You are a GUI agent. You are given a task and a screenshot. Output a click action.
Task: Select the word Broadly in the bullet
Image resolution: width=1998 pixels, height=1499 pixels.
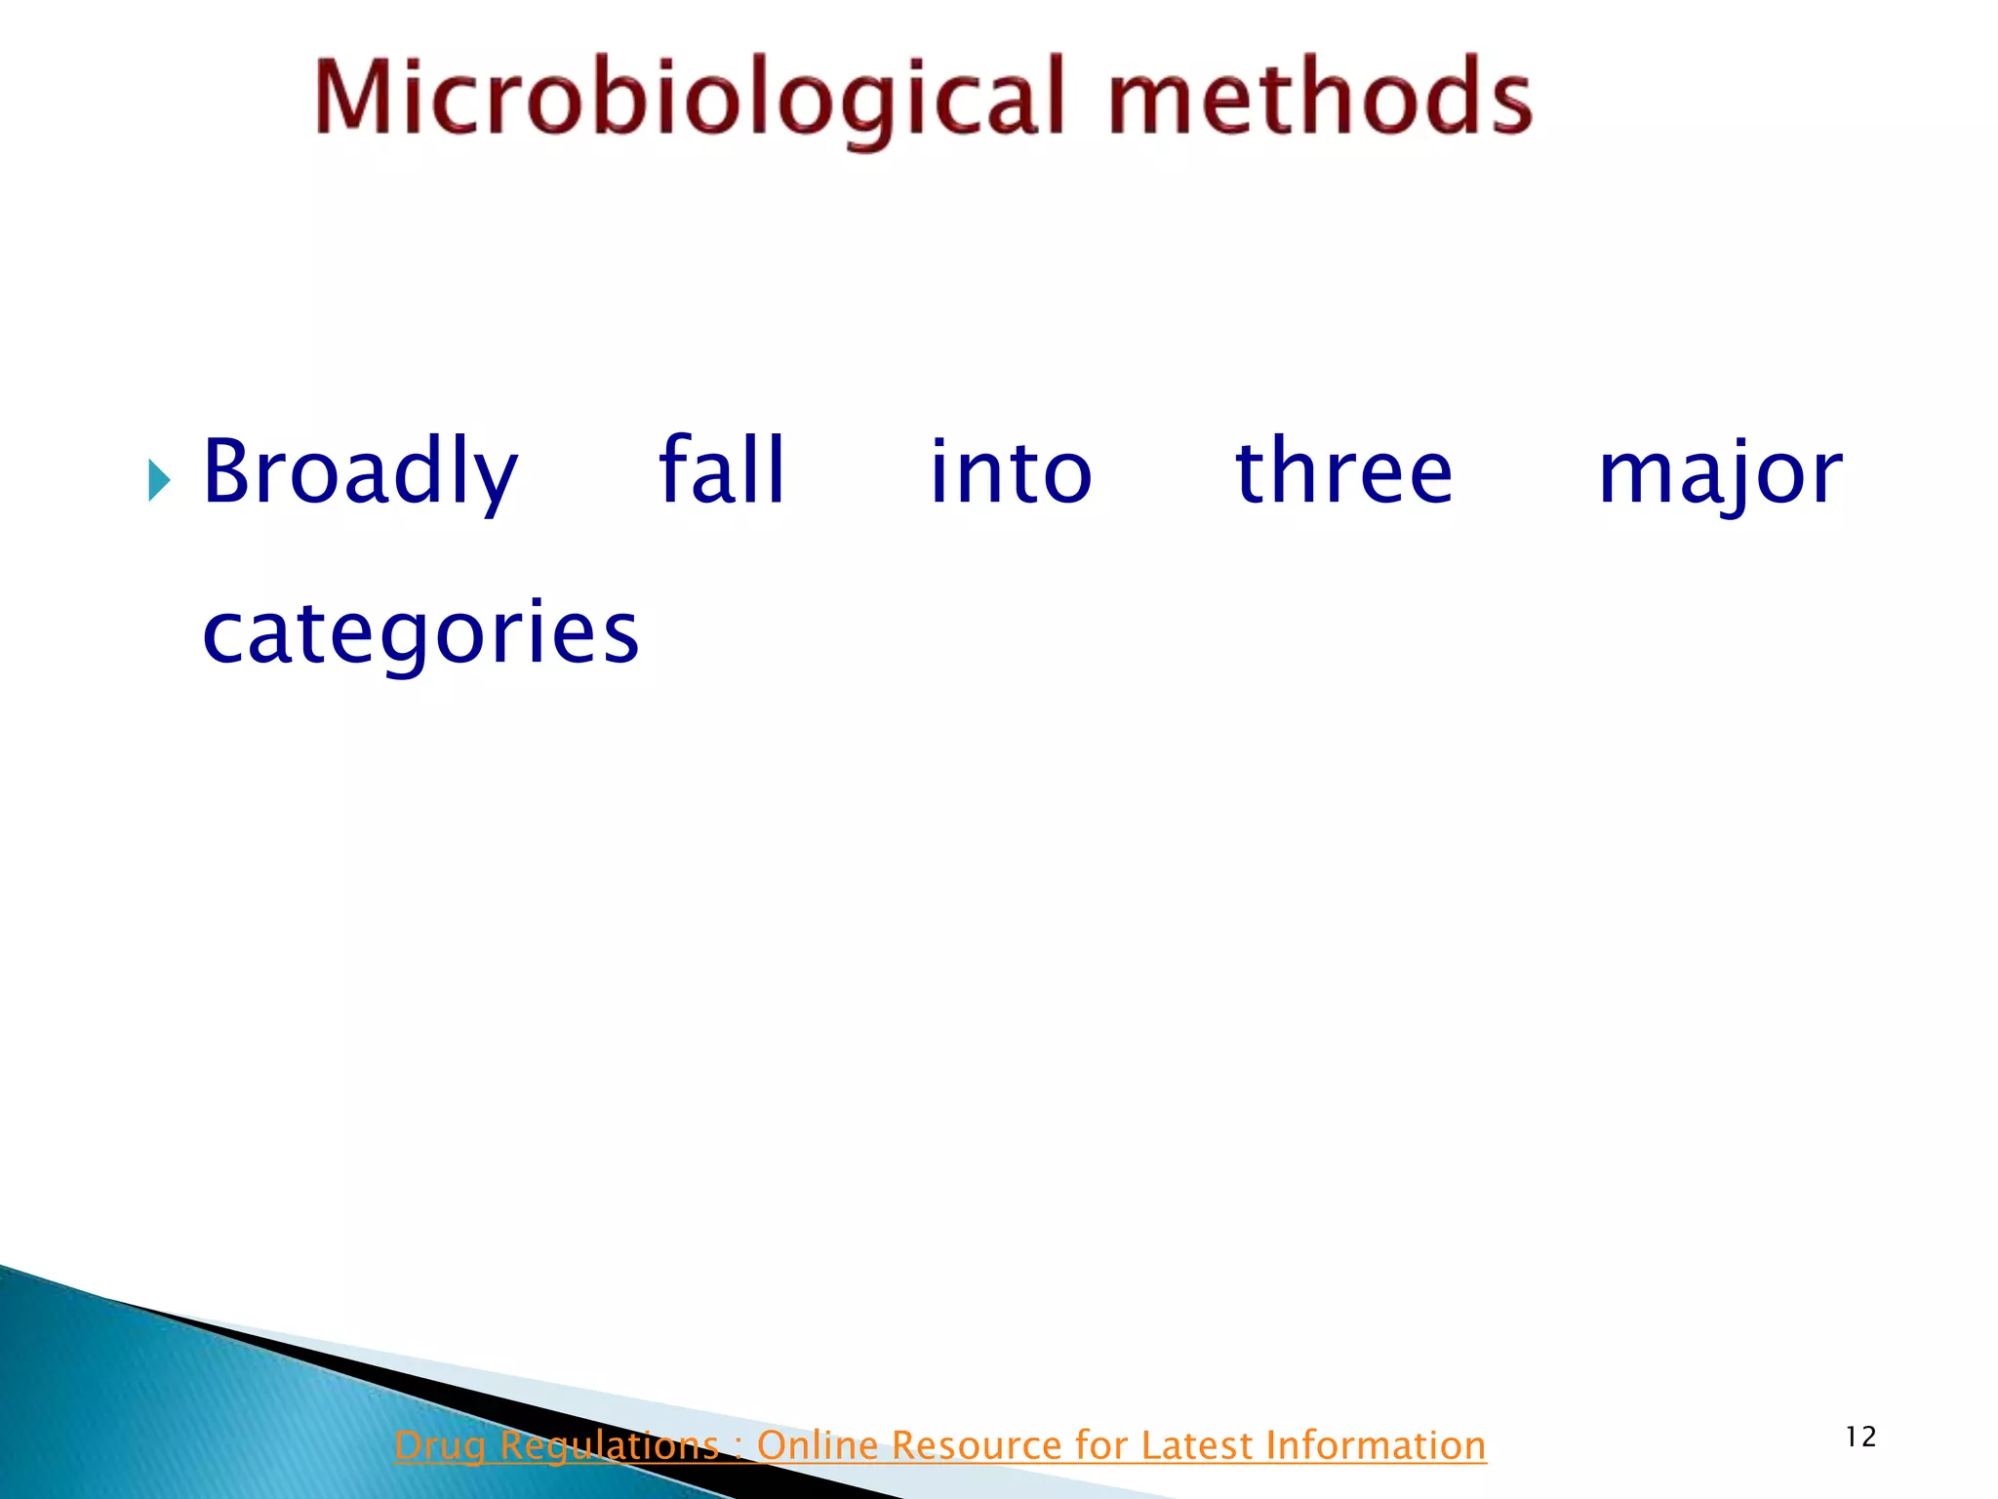[x=360, y=472]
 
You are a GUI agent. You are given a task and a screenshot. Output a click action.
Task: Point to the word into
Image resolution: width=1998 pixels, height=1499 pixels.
[x=1011, y=472]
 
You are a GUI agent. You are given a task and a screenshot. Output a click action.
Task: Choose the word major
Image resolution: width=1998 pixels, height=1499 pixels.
[x=1720, y=474]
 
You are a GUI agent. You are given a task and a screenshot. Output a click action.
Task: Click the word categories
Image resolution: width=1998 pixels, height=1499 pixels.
[x=420, y=634]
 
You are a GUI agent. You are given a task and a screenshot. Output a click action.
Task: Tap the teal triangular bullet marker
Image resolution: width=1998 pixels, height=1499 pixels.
[x=159, y=480]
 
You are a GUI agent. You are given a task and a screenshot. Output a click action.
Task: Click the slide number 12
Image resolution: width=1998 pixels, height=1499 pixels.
[x=1860, y=1437]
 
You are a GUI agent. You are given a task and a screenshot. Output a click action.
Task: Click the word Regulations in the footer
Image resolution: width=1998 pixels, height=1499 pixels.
[x=609, y=1445]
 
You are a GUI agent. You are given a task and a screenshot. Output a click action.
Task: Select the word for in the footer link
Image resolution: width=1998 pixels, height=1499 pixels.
[x=1102, y=1445]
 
